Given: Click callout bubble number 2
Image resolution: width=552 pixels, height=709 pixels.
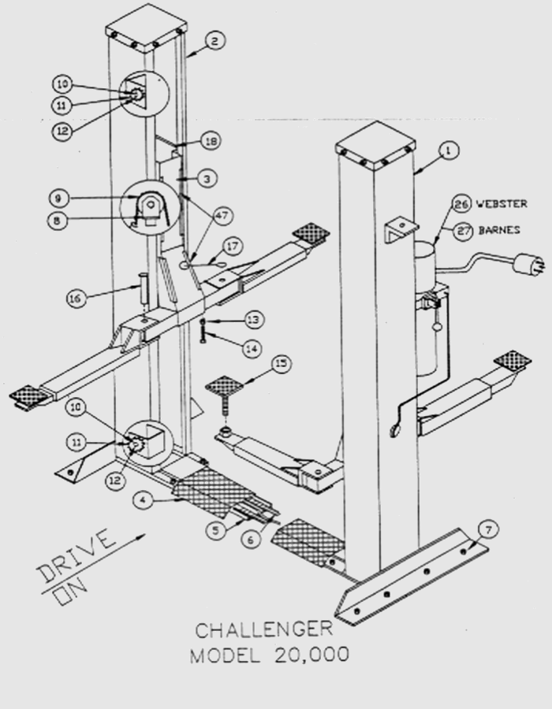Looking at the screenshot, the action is [x=214, y=41].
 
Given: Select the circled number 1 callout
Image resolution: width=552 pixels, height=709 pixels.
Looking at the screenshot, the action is [x=449, y=150].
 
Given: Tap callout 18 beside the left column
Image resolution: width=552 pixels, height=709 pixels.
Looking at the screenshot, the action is [x=211, y=141].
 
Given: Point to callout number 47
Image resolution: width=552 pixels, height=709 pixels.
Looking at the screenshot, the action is [x=222, y=216].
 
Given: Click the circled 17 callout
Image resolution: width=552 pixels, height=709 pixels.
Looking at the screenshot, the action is [x=233, y=247].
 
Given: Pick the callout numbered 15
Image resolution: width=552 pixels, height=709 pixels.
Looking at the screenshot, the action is [x=282, y=364].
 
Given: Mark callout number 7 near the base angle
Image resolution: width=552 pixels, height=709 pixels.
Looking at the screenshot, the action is [x=488, y=529].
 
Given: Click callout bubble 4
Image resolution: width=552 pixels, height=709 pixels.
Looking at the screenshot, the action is [x=144, y=500].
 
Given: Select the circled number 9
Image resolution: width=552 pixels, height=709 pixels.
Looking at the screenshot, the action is [x=59, y=199].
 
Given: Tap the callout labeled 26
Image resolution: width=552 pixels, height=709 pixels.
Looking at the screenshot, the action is [x=461, y=204].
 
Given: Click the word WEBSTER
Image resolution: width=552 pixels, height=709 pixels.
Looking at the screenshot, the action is [x=502, y=204].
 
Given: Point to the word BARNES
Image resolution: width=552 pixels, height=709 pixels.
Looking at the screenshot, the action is [x=499, y=230].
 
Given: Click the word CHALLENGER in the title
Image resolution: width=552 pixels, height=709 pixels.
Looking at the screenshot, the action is [x=264, y=630].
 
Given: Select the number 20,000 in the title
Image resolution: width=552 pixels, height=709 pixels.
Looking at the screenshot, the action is [x=311, y=655].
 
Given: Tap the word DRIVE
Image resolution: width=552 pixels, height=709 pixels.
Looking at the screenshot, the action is [x=76, y=555].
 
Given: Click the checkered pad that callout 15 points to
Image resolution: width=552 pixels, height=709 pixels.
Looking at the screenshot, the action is [x=224, y=386].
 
